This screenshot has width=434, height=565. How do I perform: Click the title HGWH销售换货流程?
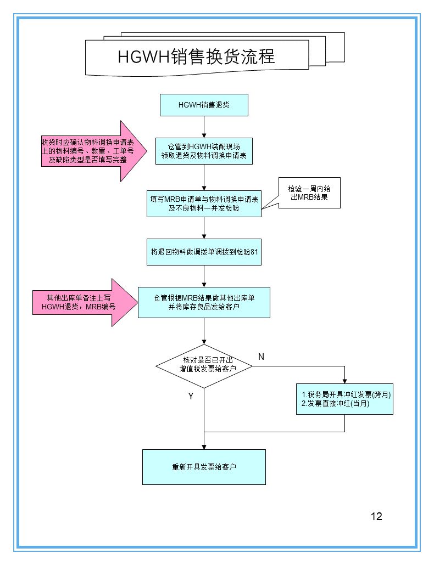196,56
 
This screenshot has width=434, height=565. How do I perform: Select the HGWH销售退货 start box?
204,105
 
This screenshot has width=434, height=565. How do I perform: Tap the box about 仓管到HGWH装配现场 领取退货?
204,151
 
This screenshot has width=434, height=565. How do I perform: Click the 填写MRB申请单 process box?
204,204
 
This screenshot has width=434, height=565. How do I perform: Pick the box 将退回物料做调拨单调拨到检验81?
204,252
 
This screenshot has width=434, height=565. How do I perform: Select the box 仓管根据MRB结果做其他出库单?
204,302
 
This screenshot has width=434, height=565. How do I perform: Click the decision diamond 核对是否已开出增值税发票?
204,365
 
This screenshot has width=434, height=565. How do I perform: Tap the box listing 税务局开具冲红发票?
344,399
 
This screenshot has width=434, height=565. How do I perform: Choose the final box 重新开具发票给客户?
204,467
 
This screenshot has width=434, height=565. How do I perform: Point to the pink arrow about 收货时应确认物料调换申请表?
93,151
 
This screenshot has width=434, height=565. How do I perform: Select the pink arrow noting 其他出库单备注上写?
88,302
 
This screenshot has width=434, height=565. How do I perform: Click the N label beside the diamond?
261,357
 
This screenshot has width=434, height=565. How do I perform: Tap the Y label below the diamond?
191,395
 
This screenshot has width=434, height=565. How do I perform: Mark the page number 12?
376,516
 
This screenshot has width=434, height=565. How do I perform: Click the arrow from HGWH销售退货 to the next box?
204,127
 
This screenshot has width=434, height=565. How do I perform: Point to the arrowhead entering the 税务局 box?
344,380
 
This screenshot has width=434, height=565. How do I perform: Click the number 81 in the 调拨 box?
254,252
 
